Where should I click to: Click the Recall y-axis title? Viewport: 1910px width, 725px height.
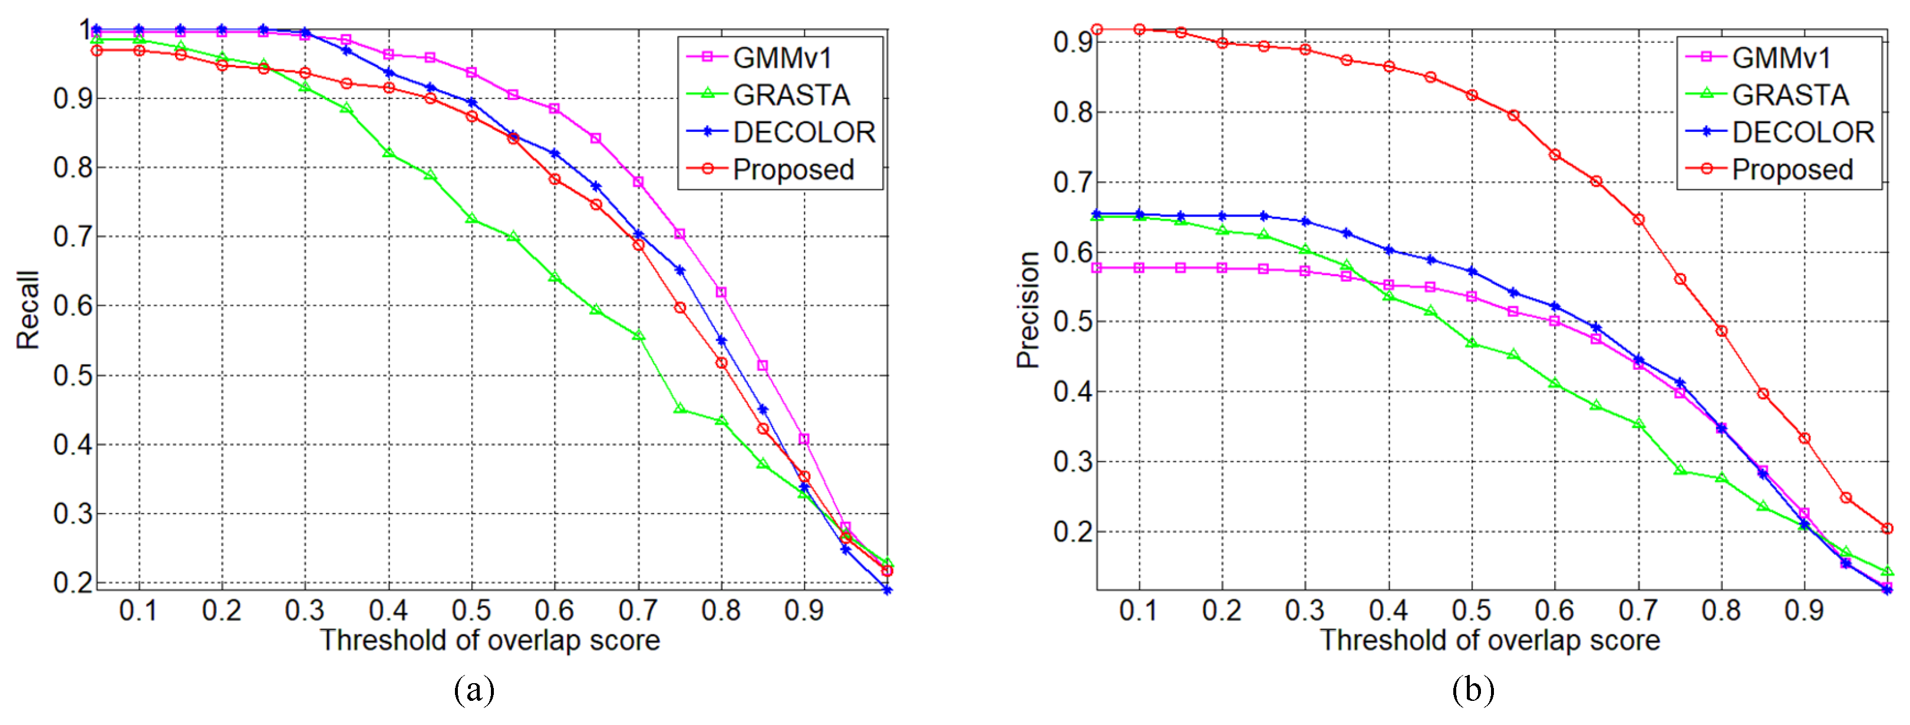coord(28,310)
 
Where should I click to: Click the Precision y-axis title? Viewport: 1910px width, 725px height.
coord(1028,310)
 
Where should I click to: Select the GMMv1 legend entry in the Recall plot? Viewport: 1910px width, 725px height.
coord(781,58)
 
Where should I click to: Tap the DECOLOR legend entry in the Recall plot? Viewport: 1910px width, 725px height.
coord(803,132)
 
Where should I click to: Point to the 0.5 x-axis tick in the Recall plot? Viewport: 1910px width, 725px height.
coord(471,610)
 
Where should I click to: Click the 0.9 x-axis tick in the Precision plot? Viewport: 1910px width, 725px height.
coord(1804,610)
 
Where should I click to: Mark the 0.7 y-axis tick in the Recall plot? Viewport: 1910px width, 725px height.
coord(72,237)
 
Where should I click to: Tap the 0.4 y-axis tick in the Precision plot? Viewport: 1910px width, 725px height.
coord(1073,392)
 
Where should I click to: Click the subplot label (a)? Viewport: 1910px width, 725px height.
coord(474,690)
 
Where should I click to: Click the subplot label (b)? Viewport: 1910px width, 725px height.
coord(1473,690)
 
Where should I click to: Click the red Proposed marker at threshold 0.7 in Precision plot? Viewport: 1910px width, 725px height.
coord(1638,220)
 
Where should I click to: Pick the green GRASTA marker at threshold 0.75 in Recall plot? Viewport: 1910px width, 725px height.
coord(680,409)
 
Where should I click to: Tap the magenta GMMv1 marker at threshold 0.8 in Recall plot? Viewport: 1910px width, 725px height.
coord(721,292)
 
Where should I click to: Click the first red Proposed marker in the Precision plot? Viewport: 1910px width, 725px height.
coord(1097,29)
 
